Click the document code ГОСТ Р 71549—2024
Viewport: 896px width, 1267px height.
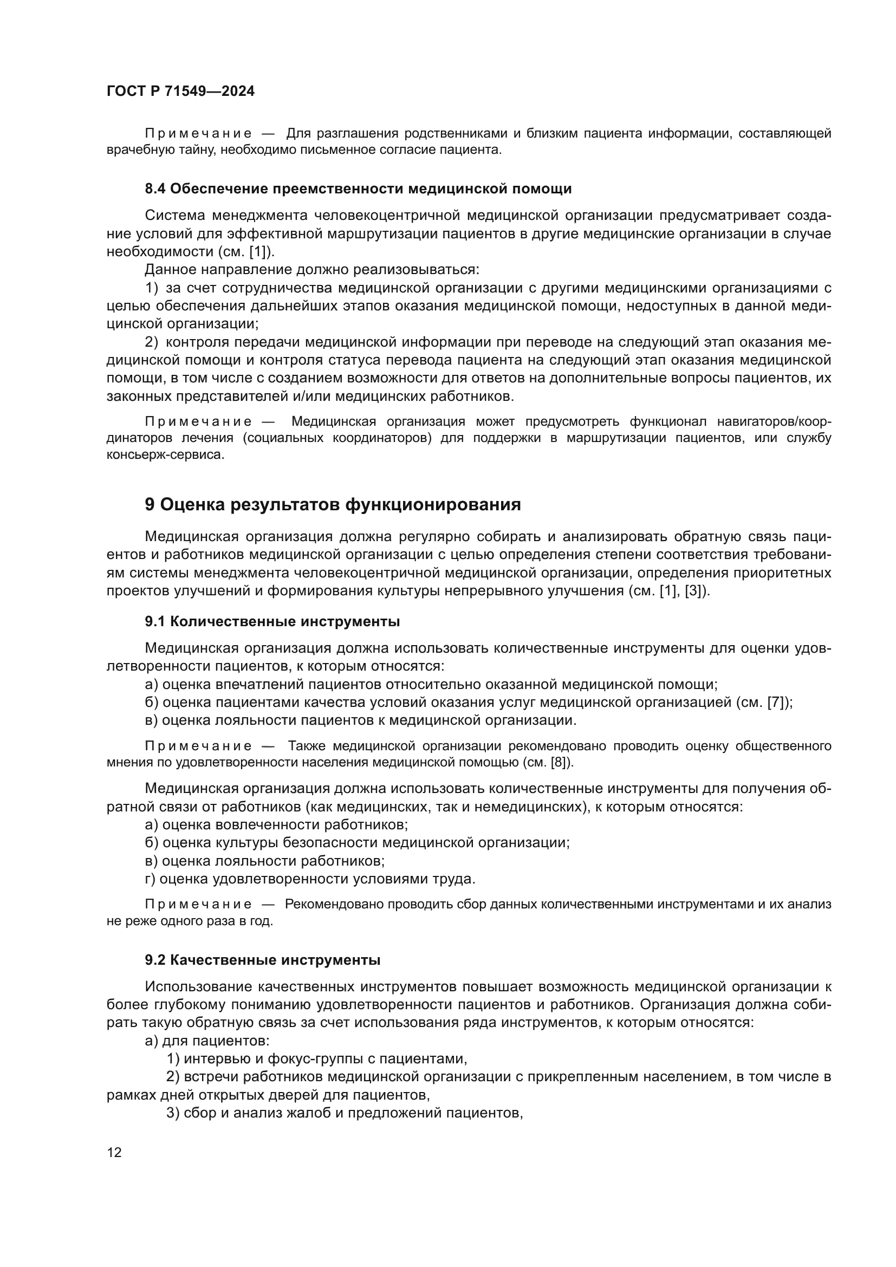coord(180,92)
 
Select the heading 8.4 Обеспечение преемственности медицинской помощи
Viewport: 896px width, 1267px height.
coord(358,189)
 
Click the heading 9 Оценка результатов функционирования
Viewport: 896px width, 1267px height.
coord(333,504)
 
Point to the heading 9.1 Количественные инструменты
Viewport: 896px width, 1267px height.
coord(272,621)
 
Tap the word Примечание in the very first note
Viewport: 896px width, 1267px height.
coord(198,134)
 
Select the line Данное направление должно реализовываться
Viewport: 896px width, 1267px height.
coord(311,269)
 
